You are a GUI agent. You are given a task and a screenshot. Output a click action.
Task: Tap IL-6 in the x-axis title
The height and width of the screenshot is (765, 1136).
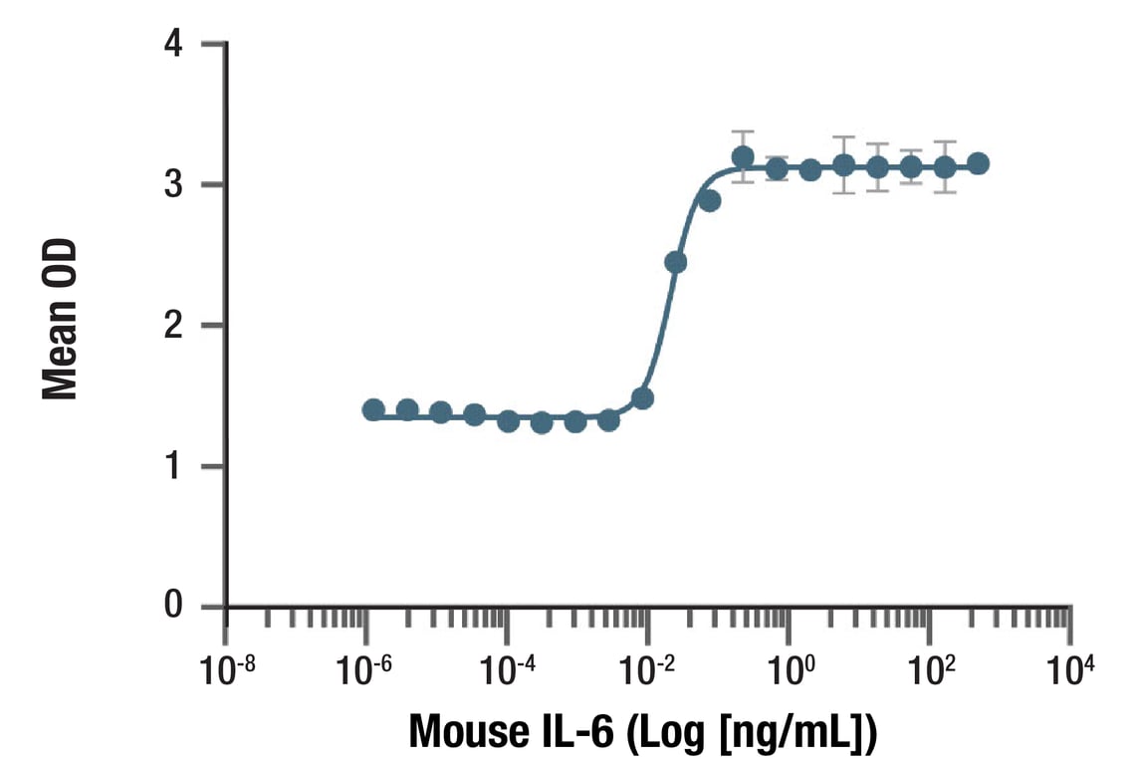pos(580,731)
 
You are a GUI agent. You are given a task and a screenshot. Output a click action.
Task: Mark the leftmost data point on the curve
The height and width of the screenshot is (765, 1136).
pos(373,409)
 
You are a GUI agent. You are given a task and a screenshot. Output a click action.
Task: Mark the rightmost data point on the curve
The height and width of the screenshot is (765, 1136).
pos(979,163)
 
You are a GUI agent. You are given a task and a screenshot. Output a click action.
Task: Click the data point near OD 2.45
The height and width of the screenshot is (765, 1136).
pos(675,262)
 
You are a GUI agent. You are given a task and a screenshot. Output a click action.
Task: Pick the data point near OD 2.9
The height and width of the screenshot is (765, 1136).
pos(709,200)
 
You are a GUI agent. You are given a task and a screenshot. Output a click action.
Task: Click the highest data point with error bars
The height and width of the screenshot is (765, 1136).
pos(743,157)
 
